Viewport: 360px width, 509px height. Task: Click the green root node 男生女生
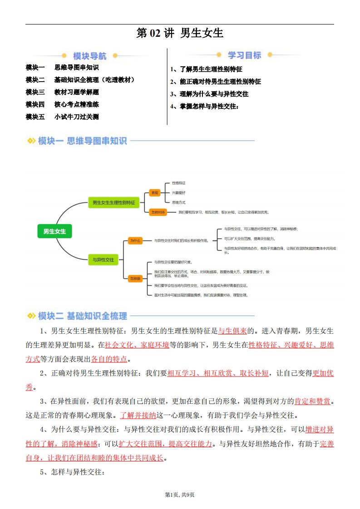point(54,231)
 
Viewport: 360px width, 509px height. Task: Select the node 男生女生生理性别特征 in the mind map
point(113,203)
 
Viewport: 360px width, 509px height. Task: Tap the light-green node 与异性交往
point(103,260)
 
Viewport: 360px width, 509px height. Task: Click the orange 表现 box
point(155,193)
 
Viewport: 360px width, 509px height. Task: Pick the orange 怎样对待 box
point(158,212)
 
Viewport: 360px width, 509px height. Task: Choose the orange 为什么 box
point(135,240)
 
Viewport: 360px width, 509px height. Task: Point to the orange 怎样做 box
point(135,278)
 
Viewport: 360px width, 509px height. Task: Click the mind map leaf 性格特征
point(178,183)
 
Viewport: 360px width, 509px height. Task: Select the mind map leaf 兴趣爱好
point(178,193)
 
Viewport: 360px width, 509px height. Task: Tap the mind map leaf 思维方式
point(178,202)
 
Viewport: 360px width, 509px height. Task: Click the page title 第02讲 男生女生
point(180,33)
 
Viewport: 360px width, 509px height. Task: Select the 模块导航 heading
point(89,56)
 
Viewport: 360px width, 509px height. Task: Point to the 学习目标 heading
point(244,55)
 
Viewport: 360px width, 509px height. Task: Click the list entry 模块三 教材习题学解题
point(62,92)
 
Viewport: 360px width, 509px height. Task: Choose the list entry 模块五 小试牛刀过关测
point(62,117)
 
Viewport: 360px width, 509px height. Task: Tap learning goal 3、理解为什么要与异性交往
point(209,94)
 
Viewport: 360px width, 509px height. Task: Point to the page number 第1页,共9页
point(180,494)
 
